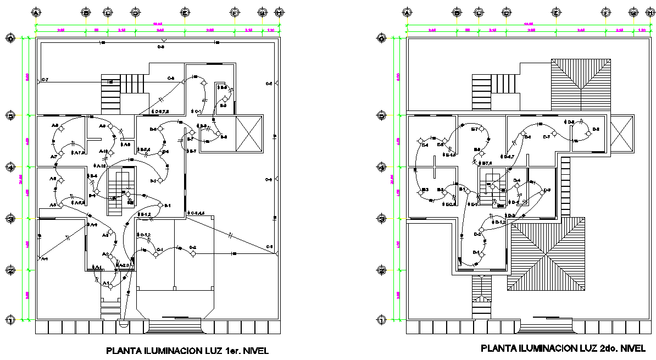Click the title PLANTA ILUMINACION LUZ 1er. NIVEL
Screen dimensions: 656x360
[x=187, y=350]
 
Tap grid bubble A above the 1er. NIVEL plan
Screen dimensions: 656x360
[x=36, y=12]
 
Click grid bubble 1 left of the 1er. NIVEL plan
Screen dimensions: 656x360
[x=10, y=320]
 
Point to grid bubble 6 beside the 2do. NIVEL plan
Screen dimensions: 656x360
[x=381, y=38]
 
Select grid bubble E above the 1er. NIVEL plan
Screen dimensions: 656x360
[x=185, y=12]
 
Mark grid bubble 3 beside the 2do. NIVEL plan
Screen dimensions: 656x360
[x=381, y=219]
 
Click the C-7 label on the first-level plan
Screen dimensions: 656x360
[x=45, y=81]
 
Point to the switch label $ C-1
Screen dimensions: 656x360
[x=198, y=112]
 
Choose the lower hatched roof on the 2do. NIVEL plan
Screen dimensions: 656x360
[x=546, y=253]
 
